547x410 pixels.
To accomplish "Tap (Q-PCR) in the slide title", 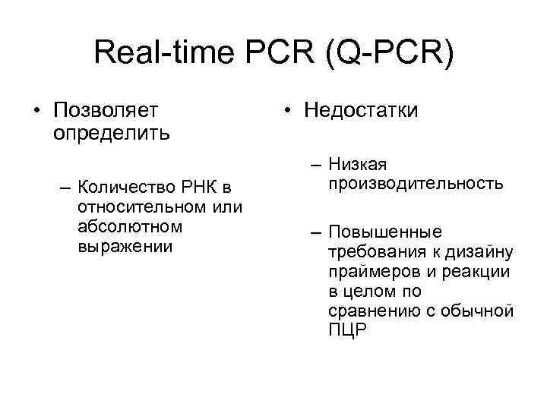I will [x=387, y=55].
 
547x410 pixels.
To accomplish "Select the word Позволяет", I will [x=106, y=111].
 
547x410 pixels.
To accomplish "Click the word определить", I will [x=112, y=133].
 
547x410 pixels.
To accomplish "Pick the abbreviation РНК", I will [x=198, y=188].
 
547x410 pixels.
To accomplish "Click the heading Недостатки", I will [x=361, y=111].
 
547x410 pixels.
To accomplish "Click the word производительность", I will [x=416, y=184].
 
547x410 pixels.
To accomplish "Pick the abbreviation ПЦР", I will [x=347, y=331].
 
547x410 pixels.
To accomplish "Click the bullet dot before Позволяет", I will [x=36, y=112].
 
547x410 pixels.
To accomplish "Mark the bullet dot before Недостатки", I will [x=286, y=112].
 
